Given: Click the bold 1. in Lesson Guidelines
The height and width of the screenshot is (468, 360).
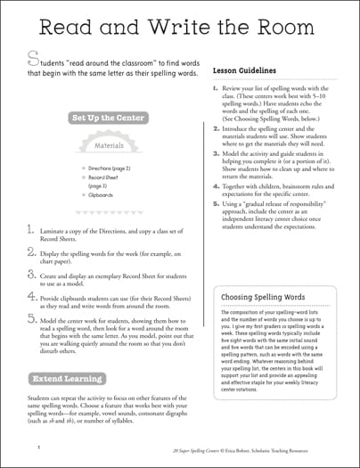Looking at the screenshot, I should click(x=217, y=88).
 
